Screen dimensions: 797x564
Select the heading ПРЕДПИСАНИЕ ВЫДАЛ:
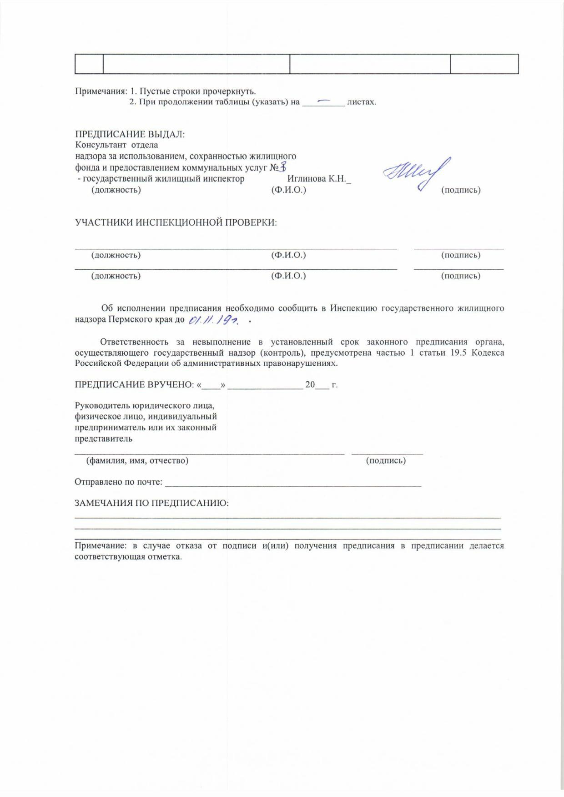pyautogui.click(x=130, y=135)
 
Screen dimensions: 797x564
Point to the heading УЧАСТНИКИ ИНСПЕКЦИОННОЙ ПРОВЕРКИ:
pyautogui.click(x=176, y=222)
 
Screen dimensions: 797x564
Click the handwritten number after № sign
pyautogui.click(x=283, y=168)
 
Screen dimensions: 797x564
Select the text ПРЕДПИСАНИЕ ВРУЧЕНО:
pyautogui.click(x=134, y=385)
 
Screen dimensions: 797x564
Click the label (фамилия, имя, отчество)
pyautogui.click(x=137, y=460)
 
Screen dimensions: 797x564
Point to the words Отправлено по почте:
pyautogui.click(x=118, y=482)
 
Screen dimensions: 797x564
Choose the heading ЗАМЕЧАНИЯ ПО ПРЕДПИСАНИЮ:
pyautogui.click(x=151, y=503)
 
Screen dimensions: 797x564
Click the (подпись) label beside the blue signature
pyautogui.click(x=461, y=190)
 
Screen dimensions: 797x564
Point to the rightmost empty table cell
pyautogui.click(x=484, y=64)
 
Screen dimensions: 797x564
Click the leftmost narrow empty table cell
pyautogui.click(x=89, y=64)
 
